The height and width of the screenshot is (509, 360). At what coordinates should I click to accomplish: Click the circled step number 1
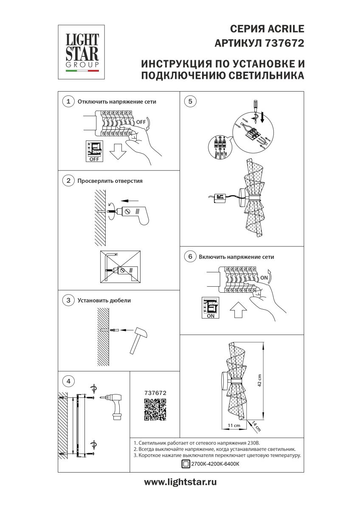67,102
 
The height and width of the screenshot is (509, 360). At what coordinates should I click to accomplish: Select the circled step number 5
190,101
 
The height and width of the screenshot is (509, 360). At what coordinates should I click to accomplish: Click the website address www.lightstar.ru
180,482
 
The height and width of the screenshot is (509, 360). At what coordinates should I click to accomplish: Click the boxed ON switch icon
211,308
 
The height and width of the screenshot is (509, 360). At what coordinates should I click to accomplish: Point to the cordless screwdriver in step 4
113,404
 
